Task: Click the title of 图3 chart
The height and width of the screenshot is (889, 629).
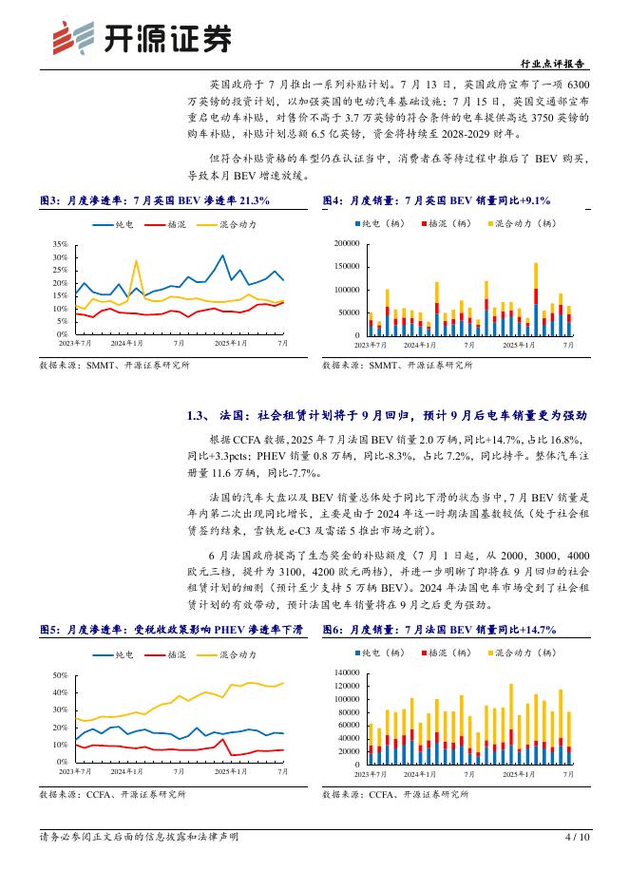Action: coord(155,200)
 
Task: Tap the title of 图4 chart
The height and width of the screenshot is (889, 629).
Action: coord(436,200)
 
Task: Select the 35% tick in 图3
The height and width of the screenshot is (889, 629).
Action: coord(60,244)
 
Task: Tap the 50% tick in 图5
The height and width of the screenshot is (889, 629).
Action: coord(60,675)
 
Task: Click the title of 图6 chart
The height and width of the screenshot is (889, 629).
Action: coord(439,630)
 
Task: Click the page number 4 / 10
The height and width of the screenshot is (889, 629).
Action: coord(578,837)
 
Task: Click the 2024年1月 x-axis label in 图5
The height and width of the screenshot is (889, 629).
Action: coord(126,772)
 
